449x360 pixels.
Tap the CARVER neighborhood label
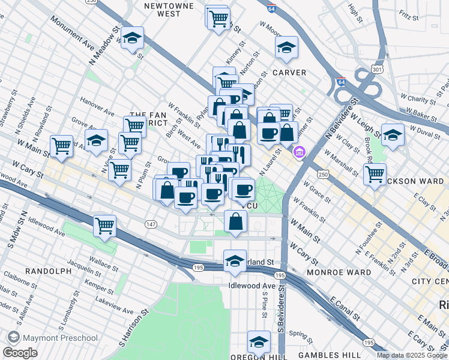pyautogui.click(x=289, y=73)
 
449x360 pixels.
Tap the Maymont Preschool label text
pyautogui.click(x=61, y=338)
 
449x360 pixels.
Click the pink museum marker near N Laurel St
pyautogui.click(x=299, y=154)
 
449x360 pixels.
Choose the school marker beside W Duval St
pyautogui.click(x=393, y=135)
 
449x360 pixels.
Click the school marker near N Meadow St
pyautogui.click(x=132, y=38)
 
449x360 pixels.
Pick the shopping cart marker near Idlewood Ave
pyautogui.click(x=104, y=226)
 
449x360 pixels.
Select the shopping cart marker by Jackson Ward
pyautogui.click(x=375, y=174)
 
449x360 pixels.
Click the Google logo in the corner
pyautogui.click(x=20, y=353)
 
